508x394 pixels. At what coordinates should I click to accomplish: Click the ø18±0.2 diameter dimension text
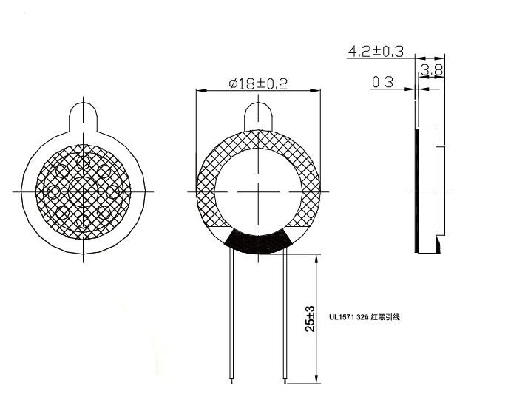pos(257,84)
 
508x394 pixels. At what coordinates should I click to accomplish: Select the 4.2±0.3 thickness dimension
pos(376,51)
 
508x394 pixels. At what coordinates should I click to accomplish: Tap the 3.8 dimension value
pos(432,71)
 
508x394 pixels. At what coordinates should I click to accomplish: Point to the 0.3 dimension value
pos(382,83)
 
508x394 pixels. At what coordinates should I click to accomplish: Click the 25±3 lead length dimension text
pos(311,319)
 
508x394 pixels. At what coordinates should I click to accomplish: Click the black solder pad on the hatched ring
pos(258,242)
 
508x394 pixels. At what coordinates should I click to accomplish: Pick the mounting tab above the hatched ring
pos(258,117)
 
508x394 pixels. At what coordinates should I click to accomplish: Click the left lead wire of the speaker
pos(231,318)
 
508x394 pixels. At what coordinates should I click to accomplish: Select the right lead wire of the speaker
pos(285,318)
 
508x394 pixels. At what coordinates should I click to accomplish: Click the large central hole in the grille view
pos(83,191)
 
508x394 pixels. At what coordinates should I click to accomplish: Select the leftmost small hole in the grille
pos(53,191)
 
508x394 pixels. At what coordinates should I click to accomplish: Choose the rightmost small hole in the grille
pos(112,191)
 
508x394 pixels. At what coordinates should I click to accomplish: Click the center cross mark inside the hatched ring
pos(258,191)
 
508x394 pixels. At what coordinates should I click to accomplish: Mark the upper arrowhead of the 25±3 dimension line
pos(318,259)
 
